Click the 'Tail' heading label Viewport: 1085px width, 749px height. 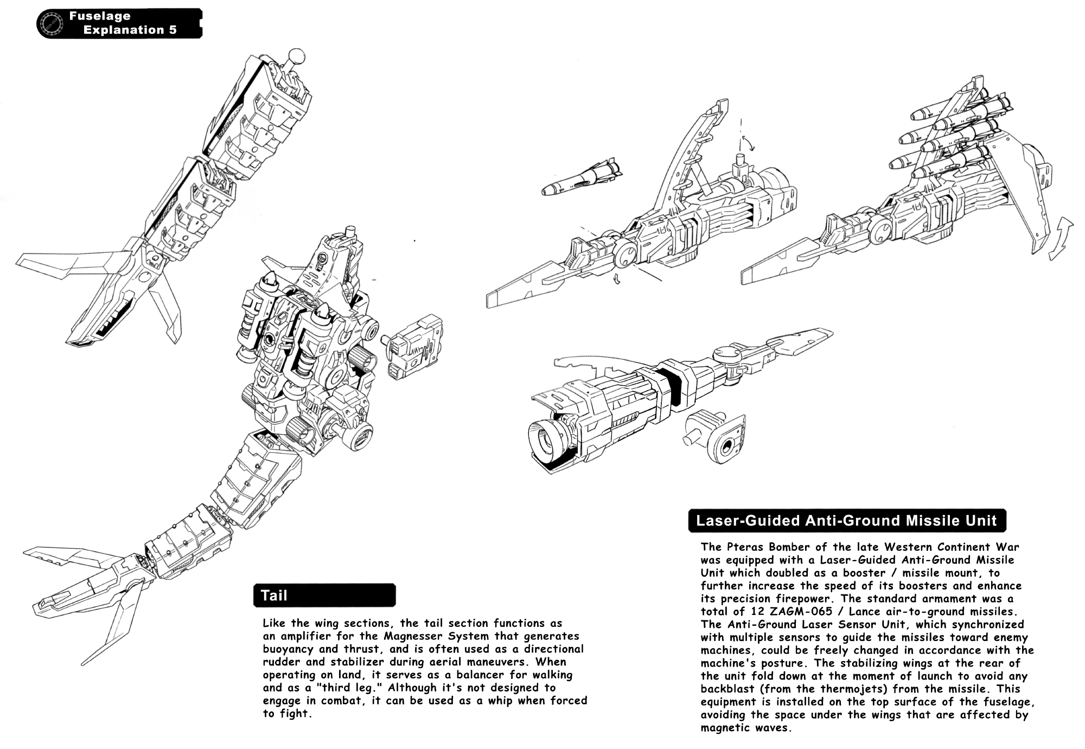coord(275,595)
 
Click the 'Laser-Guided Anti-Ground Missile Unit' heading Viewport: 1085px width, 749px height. coord(846,521)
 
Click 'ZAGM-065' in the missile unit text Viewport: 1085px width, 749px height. coord(800,611)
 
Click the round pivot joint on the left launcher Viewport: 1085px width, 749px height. coord(627,253)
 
